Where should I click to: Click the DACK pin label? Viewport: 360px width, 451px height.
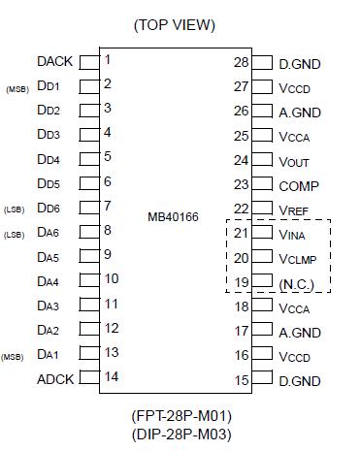pyautogui.click(x=54, y=61)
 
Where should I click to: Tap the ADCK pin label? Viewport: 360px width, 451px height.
pyautogui.click(x=54, y=377)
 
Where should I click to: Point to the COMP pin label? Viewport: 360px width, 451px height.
pyautogui.click(x=298, y=185)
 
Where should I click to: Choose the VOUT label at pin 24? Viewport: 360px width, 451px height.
pyautogui.click(x=294, y=161)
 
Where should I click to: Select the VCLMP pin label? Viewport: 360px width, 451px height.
pyautogui.click(x=299, y=259)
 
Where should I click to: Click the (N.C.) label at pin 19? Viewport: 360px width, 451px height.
pyautogui.click(x=297, y=283)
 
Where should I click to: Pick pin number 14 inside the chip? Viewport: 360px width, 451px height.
pyautogui.click(x=111, y=376)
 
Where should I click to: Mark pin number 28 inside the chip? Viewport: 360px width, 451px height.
pyautogui.click(x=242, y=62)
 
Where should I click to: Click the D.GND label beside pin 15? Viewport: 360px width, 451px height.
pyautogui.click(x=300, y=380)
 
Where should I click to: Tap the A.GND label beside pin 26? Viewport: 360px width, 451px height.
pyautogui.click(x=300, y=113)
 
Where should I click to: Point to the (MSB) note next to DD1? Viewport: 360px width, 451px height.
pyautogui.click(x=17, y=88)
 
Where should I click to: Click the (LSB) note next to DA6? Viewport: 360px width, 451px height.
pyautogui.click(x=15, y=234)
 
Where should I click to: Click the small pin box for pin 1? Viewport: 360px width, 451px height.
pyautogui.click(x=88, y=62)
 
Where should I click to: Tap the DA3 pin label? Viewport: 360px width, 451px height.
pyautogui.click(x=49, y=305)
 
